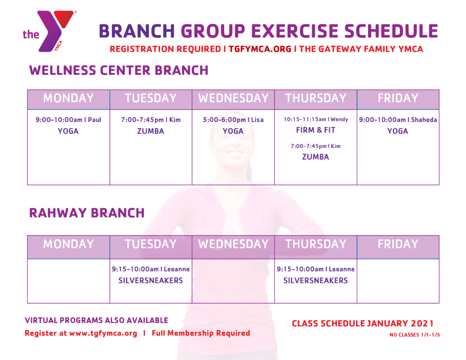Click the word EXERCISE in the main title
pyautogui.click(x=277, y=31)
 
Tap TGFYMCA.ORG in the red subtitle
pyautogui.click(x=260, y=49)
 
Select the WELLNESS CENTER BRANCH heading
pyautogui.click(x=119, y=70)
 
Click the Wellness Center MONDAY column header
pyautogui.click(x=69, y=98)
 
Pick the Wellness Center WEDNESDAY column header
pyautogui.click(x=233, y=98)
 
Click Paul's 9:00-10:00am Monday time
pyautogui.click(x=69, y=120)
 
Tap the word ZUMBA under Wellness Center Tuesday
pyautogui.click(x=151, y=131)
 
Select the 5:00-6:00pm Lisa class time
pyautogui.click(x=233, y=120)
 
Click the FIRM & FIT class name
pyautogui.click(x=315, y=130)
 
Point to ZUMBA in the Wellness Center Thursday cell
pyautogui.click(x=315, y=157)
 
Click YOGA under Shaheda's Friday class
pyautogui.click(x=397, y=131)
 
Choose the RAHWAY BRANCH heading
pyautogui.click(x=87, y=213)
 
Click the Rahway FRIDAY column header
pyautogui.click(x=397, y=244)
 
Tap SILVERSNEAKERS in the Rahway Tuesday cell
pyautogui.click(x=151, y=281)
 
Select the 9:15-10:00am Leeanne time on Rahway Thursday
pyautogui.click(x=315, y=269)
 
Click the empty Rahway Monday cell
pyautogui.click(x=69, y=281)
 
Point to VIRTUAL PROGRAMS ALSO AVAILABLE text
pyautogui.click(x=96, y=320)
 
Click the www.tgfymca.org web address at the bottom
pyautogui.click(x=103, y=333)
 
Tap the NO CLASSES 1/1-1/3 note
pyautogui.click(x=414, y=335)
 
